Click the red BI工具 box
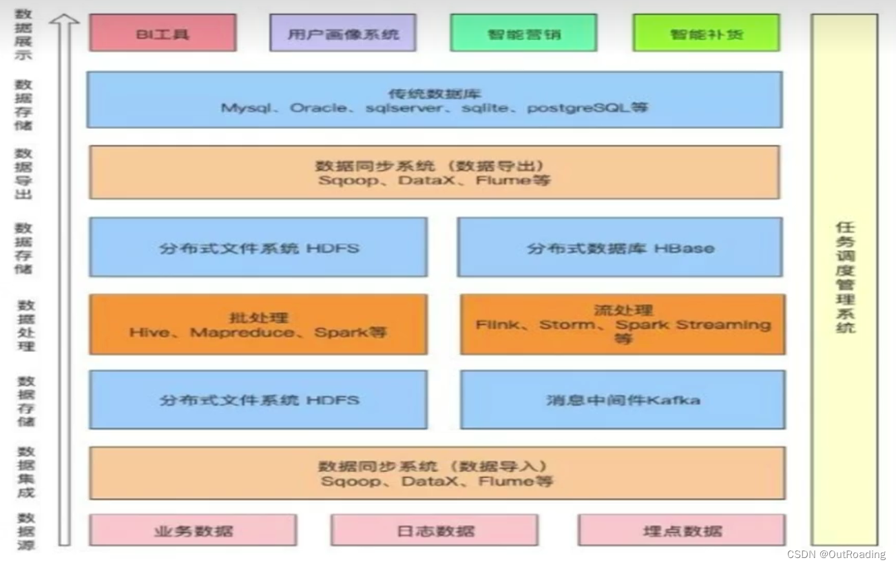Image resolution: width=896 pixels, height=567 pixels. (163, 33)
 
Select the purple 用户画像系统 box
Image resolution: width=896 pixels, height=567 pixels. (343, 33)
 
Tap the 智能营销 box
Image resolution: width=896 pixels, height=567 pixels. (523, 33)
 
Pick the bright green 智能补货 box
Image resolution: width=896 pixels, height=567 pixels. (706, 33)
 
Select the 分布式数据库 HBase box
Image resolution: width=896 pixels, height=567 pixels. (620, 247)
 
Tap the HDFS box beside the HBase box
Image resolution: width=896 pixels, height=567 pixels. (258, 247)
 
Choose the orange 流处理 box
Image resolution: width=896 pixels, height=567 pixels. (623, 324)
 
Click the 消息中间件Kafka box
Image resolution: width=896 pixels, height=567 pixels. (623, 400)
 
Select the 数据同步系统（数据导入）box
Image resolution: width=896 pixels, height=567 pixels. (437, 473)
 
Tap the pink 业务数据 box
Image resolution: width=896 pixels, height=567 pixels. (193, 530)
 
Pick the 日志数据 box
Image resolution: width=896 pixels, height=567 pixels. (435, 530)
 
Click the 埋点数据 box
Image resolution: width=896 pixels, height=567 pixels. (682, 530)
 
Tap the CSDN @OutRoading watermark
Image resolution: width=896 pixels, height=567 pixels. (836, 555)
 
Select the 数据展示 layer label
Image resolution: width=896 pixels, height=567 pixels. (24, 34)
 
